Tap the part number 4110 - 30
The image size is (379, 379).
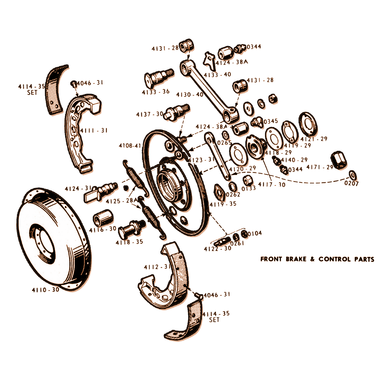(45, 290)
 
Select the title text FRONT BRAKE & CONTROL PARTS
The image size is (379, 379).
(317, 259)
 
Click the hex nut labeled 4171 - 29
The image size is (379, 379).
(339, 160)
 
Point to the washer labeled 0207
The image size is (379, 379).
(352, 175)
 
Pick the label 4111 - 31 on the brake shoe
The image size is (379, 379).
(94, 131)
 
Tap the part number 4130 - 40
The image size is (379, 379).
(190, 95)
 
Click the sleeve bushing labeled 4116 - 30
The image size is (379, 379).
(103, 218)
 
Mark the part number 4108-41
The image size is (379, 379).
(130, 146)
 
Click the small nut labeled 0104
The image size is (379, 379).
(244, 234)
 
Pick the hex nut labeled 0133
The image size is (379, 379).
(248, 180)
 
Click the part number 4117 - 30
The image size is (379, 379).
(272, 185)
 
